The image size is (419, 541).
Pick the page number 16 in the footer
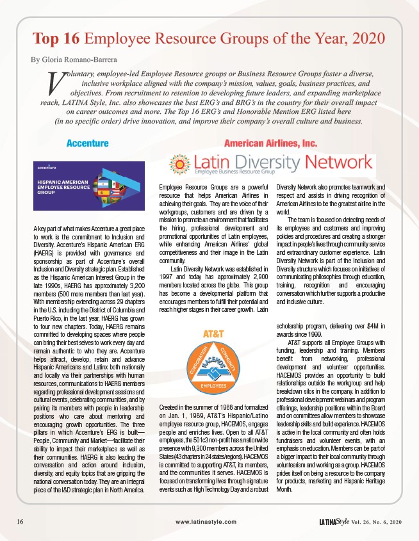click(x=21, y=522)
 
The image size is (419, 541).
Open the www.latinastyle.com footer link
click(x=209, y=522)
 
